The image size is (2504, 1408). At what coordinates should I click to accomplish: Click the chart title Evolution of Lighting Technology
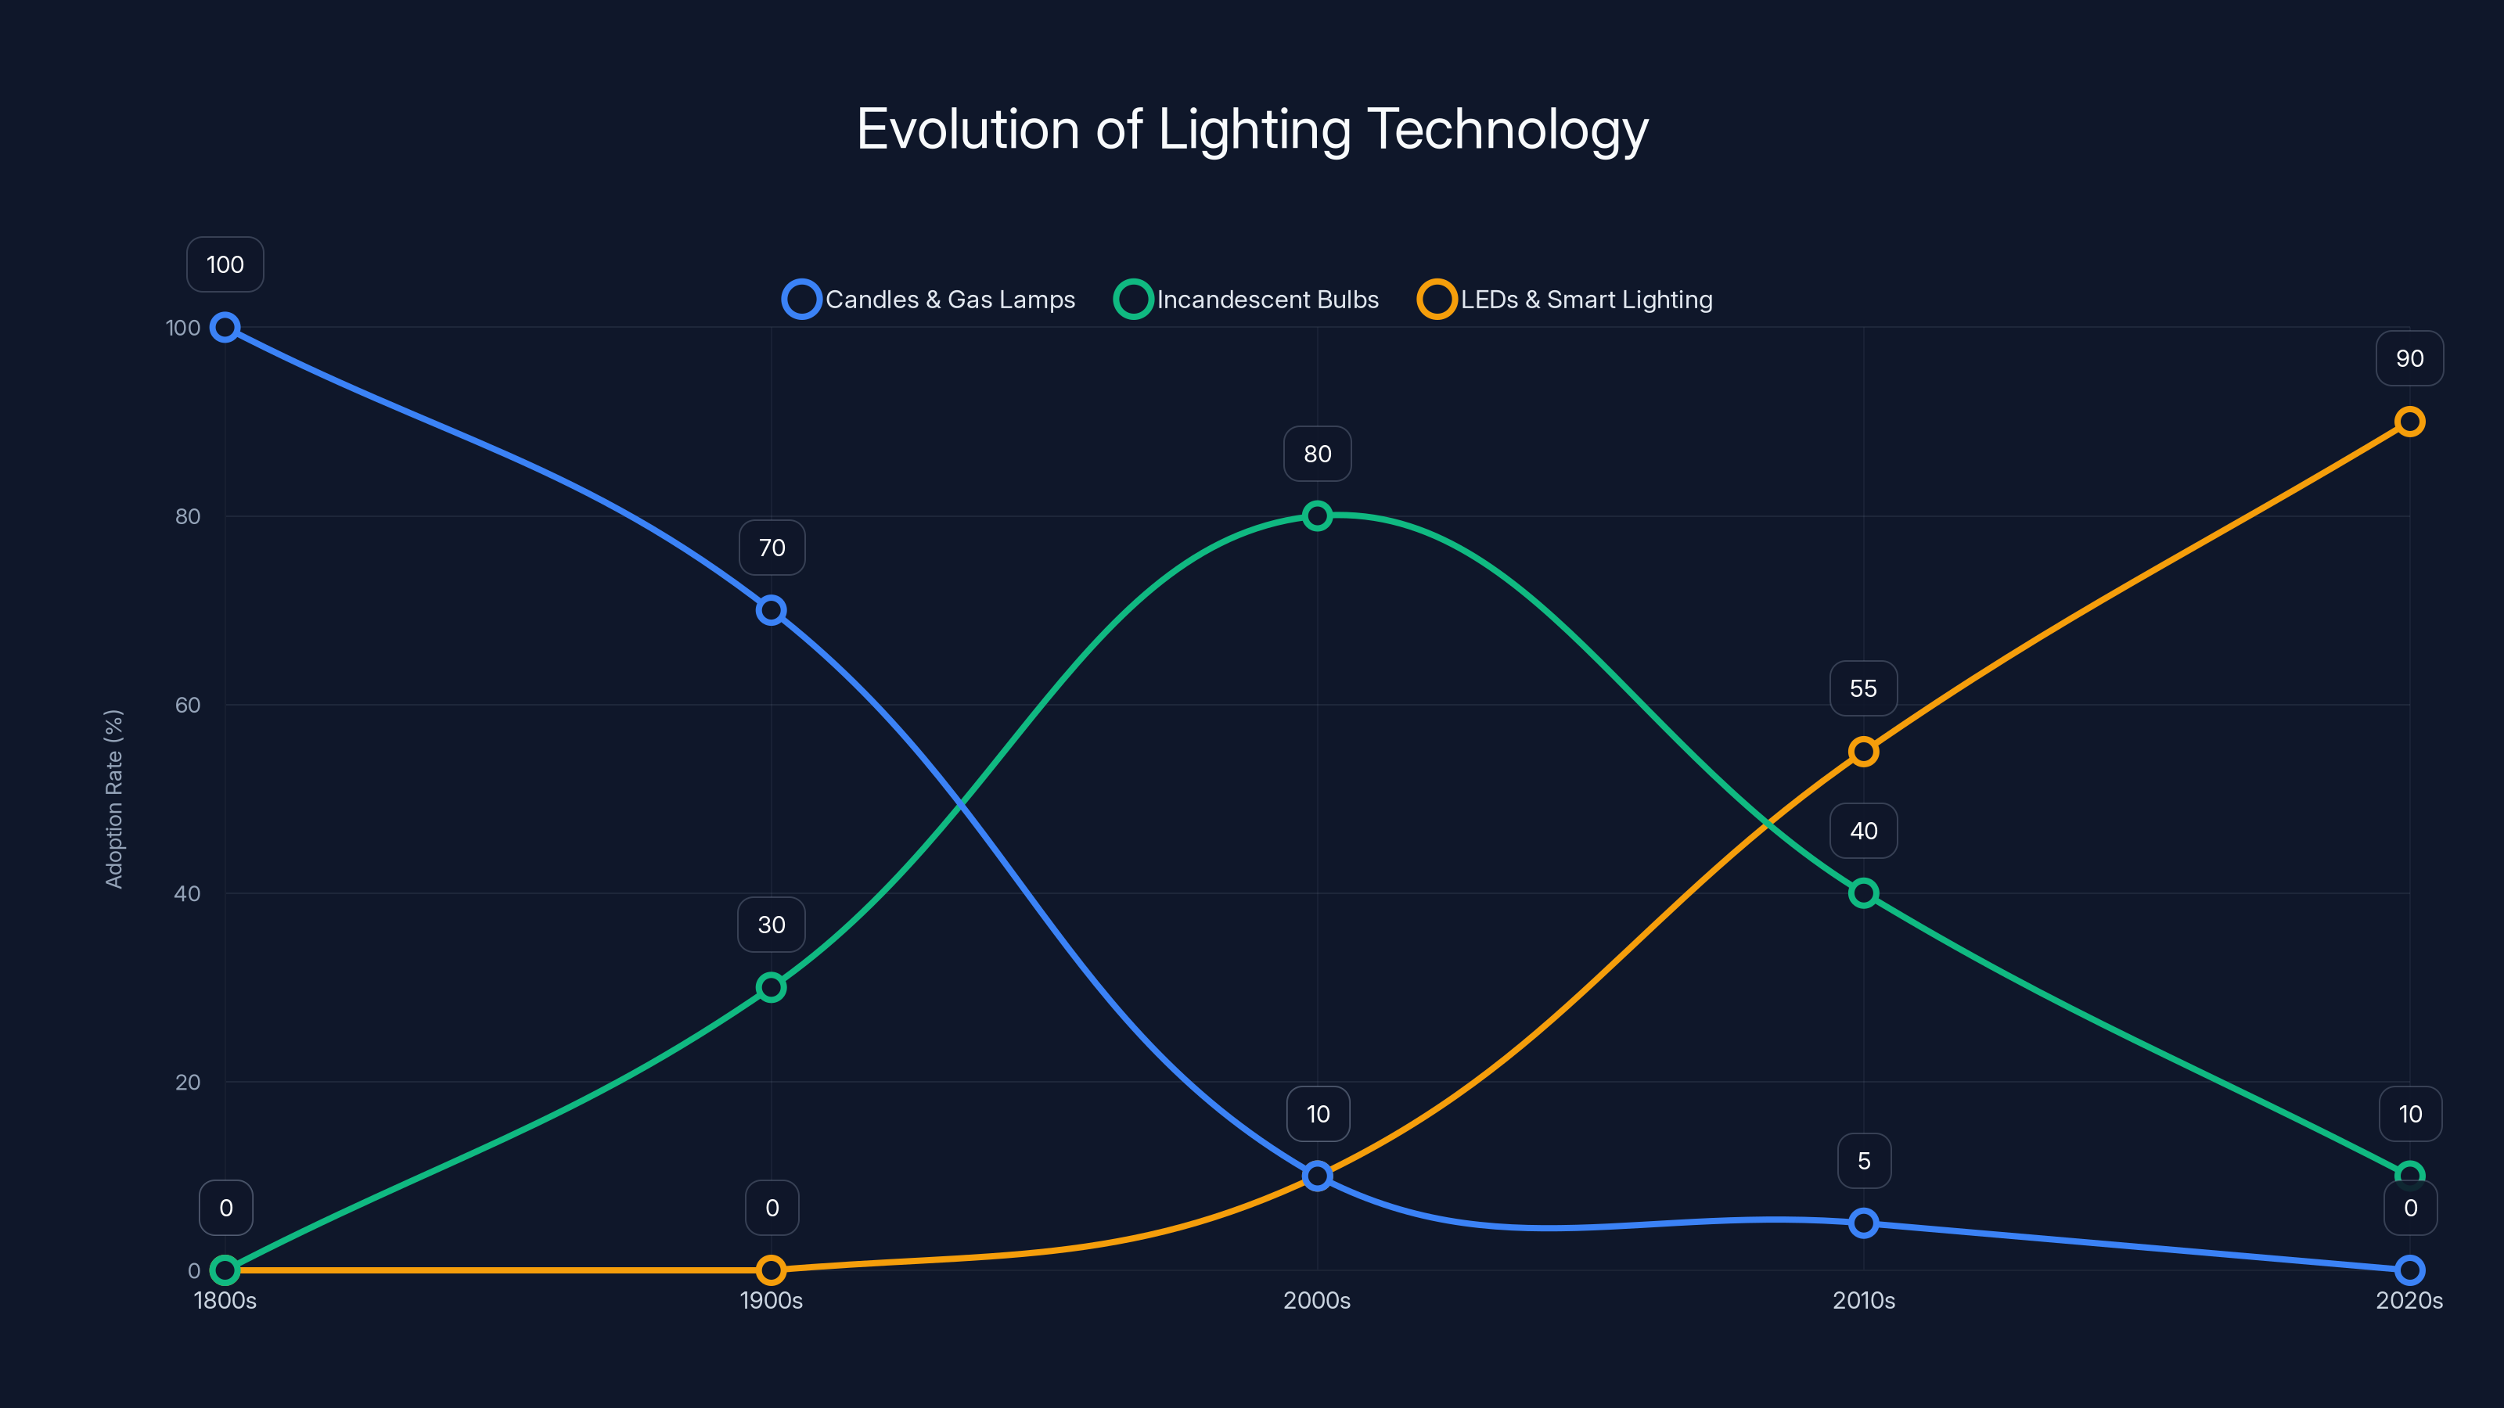point(1252,129)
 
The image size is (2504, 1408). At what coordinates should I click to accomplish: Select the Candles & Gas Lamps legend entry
point(930,300)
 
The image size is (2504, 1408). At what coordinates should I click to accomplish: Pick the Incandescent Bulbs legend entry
point(1247,300)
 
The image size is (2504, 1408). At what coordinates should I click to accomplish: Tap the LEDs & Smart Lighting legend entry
point(1566,300)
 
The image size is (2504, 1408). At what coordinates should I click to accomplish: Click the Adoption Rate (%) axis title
point(113,799)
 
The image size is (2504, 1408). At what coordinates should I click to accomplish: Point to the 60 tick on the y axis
point(188,706)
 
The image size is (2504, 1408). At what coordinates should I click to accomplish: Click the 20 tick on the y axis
point(188,1083)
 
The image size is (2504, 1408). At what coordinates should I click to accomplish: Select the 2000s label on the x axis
point(1316,1300)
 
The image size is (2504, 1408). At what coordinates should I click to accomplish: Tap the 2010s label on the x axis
point(1862,1300)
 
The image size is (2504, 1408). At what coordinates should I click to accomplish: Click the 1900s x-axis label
point(771,1300)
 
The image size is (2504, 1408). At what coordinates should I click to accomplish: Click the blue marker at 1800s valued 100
point(225,328)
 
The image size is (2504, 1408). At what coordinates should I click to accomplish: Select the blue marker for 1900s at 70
point(771,610)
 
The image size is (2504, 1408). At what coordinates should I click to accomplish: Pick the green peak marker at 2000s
point(1317,516)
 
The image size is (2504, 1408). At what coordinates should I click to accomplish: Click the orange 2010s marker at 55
point(1863,751)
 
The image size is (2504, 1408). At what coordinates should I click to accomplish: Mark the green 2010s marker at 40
point(1863,893)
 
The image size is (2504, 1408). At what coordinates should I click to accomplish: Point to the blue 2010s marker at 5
point(1863,1223)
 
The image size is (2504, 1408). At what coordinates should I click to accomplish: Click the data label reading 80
point(1317,454)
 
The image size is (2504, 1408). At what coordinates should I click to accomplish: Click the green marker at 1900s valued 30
point(771,987)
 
